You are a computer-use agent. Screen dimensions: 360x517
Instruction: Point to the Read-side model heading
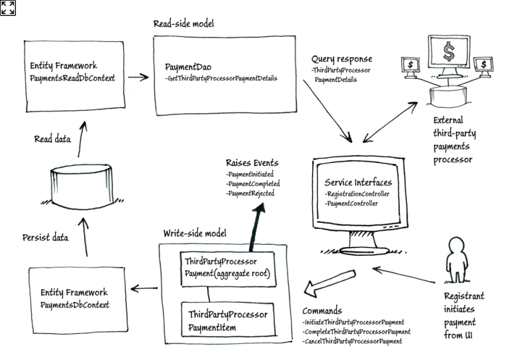coord(184,24)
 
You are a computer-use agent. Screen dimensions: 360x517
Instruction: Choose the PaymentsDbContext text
coord(74,304)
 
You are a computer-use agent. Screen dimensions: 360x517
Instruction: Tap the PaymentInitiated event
coord(251,174)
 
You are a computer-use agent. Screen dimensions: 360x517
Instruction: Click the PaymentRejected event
coord(251,194)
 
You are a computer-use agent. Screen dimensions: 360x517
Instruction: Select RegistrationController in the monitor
coord(358,193)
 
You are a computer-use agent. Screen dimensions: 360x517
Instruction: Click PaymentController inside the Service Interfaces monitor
coord(353,204)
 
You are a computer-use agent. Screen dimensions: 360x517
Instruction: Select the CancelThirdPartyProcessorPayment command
coord(353,341)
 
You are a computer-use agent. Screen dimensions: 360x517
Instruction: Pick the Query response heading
coord(341,59)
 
